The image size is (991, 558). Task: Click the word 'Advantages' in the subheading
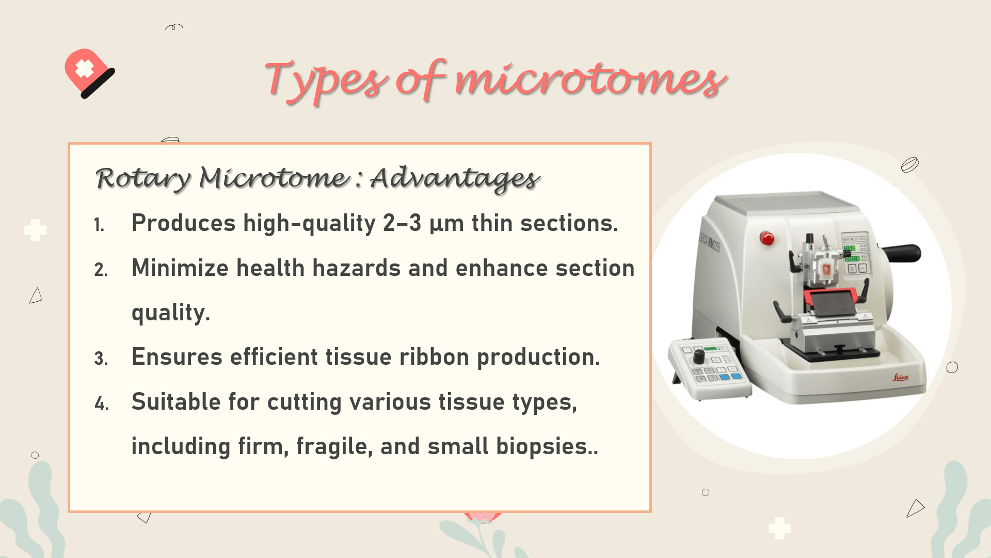tap(455, 178)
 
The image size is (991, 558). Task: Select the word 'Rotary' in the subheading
tap(143, 179)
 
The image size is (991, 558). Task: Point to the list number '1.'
tap(99, 225)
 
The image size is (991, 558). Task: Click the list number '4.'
tap(102, 404)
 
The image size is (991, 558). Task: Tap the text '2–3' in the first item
tap(402, 223)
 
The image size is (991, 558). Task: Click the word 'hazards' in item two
tap(356, 268)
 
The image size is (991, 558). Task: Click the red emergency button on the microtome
tap(767, 238)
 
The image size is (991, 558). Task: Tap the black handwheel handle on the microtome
tap(903, 253)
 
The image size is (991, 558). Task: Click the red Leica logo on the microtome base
tap(900, 378)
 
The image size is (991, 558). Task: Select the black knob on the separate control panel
tap(698, 357)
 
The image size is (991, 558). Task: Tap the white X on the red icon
tap(84, 68)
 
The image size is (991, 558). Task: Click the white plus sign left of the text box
tap(35, 230)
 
